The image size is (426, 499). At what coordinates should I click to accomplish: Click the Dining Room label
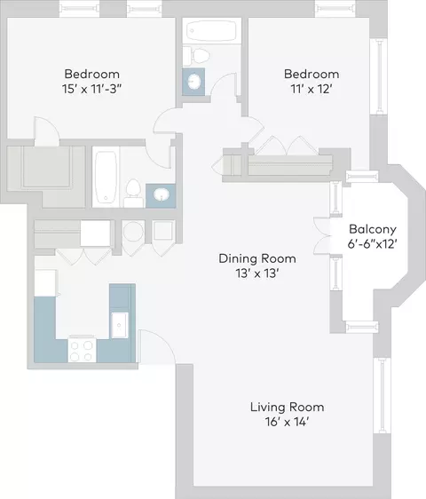pos(257,258)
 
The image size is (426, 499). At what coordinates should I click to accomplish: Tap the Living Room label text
pos(287,407)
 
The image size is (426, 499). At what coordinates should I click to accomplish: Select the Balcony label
pos(373,229)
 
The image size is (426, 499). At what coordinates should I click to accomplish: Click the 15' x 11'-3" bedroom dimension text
pos(91,89)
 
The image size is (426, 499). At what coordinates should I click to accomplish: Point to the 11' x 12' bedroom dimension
pos(312,89)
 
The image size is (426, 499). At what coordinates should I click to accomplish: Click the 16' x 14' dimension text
pos(287,422)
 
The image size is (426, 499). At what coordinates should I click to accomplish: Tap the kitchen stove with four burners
pos(82,350)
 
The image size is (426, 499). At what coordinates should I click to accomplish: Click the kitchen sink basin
pos(119,325)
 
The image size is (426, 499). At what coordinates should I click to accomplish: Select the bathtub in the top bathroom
pos(211,30)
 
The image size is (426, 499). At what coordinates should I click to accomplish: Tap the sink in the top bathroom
pos(193,82)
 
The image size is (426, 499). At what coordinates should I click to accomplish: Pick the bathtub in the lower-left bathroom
pos(106,177)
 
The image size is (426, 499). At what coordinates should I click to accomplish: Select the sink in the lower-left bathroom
pos(162,194)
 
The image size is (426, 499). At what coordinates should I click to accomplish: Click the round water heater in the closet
pos(133,232)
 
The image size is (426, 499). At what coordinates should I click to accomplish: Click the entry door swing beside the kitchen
pos(157,346)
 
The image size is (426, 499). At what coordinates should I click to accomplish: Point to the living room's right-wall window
pos(382,395)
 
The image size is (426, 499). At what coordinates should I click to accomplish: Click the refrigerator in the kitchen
pos(45,283)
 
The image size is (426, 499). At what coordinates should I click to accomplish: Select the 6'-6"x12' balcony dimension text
pos(373,244)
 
